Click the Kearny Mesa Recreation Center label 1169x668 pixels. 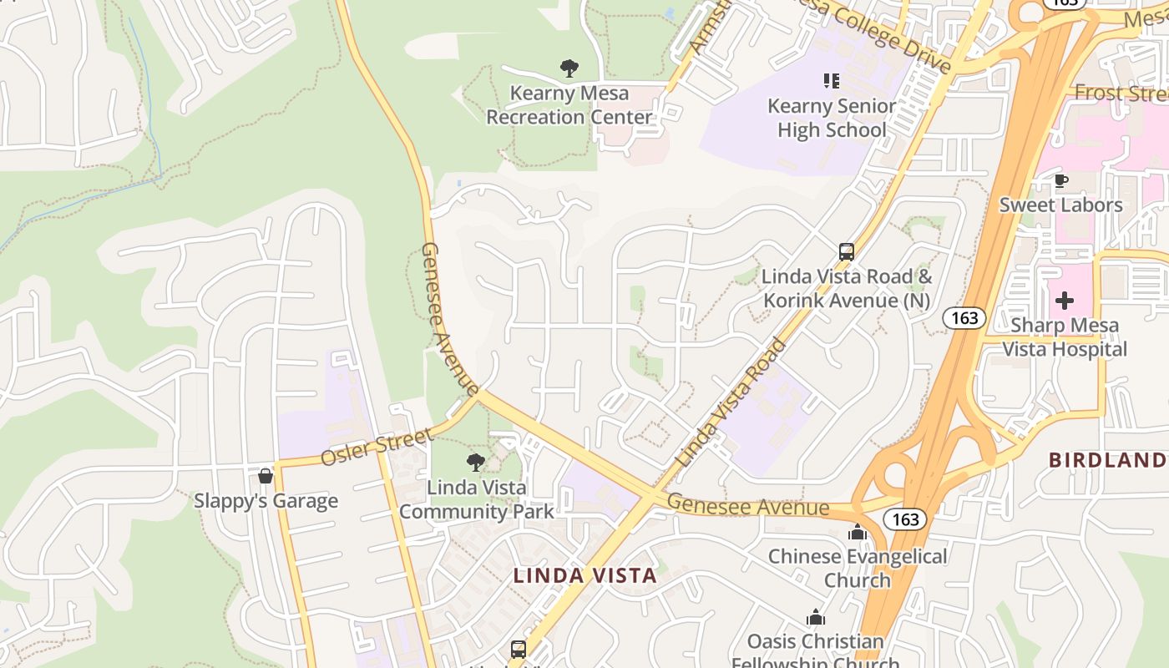coord(569,105)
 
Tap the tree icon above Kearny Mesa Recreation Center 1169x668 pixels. coord(569,68)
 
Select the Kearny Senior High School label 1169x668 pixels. coord(832,118)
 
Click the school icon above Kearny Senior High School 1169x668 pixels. coord(831,81)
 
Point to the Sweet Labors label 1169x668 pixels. coord(1060,205)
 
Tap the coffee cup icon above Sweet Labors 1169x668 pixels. coord(1060,180)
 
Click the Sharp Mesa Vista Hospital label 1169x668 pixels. coord(1065,337)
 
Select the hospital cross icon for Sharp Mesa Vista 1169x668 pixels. coord(1065,301)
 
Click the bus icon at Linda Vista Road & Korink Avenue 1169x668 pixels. coord(846,252)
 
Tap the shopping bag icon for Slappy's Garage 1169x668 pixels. coord(266,476)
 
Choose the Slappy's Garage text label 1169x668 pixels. coord(266,501)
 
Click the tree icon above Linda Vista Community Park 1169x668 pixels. coord(476,462)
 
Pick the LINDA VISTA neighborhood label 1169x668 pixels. coord(584,575)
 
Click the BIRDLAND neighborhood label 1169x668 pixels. coord(1107,460)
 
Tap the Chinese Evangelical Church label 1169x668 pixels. coord(858,568)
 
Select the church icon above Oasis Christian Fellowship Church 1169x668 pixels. coord(816,617)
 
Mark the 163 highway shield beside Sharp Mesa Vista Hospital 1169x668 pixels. coord(964,317)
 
